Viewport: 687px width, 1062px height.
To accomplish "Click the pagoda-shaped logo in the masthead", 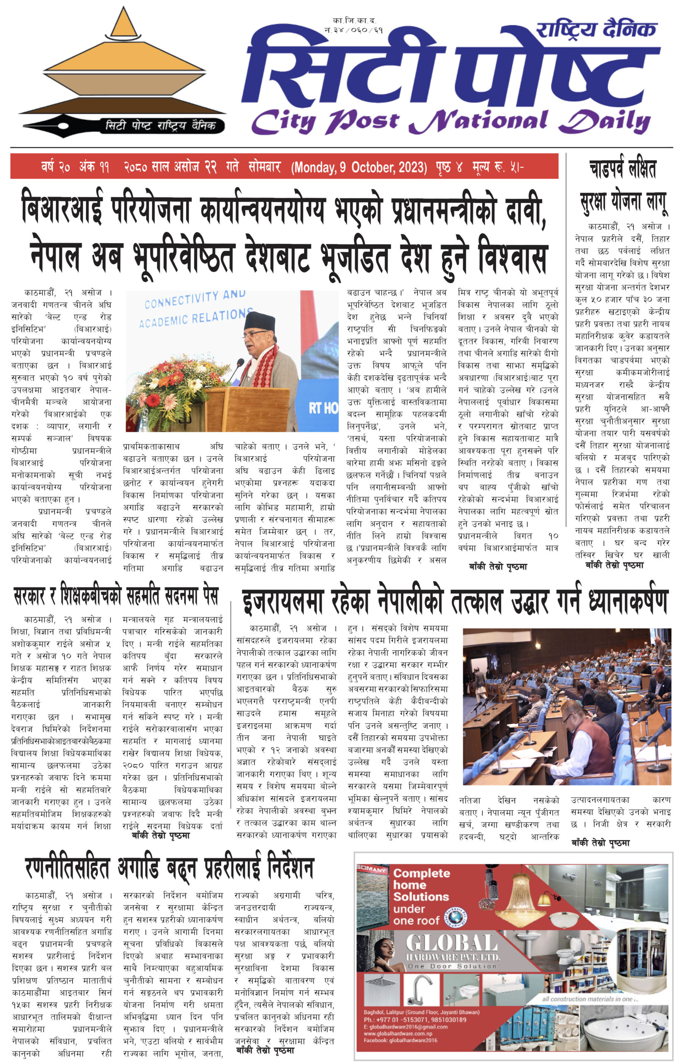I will click(123, 67).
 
